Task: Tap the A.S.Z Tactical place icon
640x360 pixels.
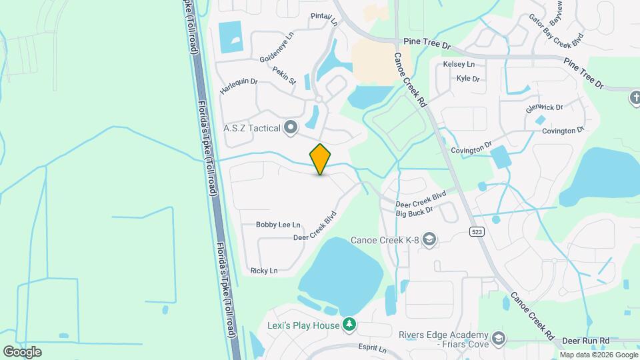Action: tap(290, 127)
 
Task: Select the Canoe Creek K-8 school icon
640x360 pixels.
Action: tap(430, 239)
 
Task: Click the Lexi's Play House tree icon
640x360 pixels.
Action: tap(349, 325)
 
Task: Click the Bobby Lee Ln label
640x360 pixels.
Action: tap(278, 225)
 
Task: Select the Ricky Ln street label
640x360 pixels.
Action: tap(263, 271)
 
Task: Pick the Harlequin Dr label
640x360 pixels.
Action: tap(239, 85)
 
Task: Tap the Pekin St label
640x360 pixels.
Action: tap(284, 75)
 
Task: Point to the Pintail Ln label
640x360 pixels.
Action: tap(325, 19)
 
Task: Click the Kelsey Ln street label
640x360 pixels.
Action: tap(459, 64)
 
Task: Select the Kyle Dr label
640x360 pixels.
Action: tap(468, 79)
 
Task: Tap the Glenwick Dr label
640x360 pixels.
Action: tap(544, 107)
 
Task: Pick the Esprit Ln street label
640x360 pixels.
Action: tap(373, 349)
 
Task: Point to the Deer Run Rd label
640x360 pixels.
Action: tap(585, 340)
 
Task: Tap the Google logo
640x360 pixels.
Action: tap(22, 351)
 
